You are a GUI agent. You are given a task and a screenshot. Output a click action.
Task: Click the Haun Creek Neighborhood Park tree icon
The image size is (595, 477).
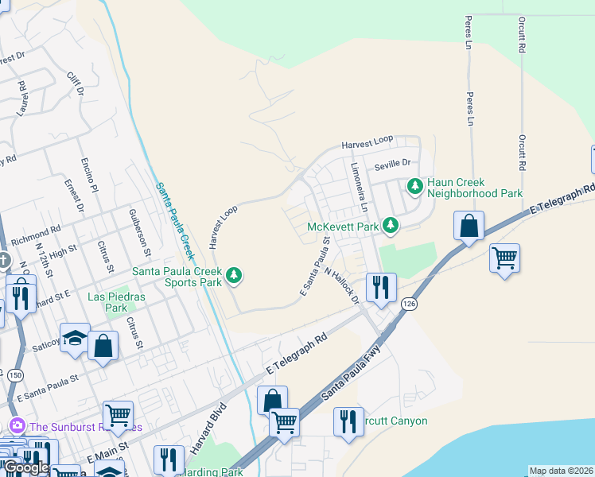pyautogui.click(x=414, y=187)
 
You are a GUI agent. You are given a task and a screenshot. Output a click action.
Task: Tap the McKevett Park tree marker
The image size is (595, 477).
pyautogui.click(x=390, y=226)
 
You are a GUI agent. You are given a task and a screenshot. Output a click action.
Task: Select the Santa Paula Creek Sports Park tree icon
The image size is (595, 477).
pyautogui.click(x=233, y=276)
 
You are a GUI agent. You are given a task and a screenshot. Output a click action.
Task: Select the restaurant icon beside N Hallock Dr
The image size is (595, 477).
pyautogui.click(x=381, y=287)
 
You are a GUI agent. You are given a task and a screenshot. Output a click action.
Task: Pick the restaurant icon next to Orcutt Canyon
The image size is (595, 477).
pyautogui.click(x=348, y=421)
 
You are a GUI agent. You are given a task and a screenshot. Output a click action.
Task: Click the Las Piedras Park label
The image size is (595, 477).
pyautogui.click(x=107, y=302)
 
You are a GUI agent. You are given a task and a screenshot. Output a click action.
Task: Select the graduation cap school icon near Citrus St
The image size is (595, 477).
pyautogui.click(x=76, y=338)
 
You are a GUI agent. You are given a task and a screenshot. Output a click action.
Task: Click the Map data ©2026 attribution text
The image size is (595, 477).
pyautogui.click(x=561, y=471)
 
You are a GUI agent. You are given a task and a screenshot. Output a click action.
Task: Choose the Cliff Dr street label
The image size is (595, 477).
pyautogui.click(x=76, y=85)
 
